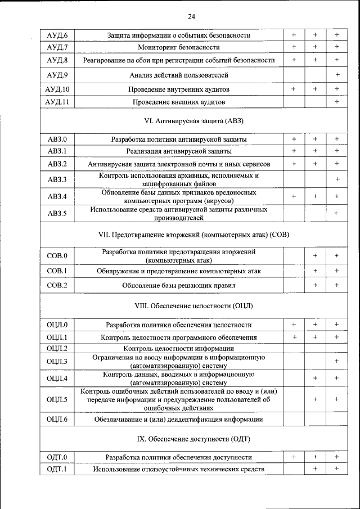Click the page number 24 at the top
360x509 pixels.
[191, 16]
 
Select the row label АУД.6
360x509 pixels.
[57, 35]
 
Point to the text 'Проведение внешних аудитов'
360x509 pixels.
[179, 102]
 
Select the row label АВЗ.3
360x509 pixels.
[57, 179]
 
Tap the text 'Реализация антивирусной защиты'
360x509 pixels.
[179, 151]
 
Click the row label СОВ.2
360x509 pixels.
[57, 285]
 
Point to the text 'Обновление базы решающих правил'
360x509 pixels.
[179, 285]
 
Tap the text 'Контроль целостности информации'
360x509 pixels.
[179, 348]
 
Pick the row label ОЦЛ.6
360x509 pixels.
[57, 420]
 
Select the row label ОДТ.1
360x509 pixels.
[57, 469]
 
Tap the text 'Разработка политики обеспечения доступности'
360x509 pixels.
[179, 457]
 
